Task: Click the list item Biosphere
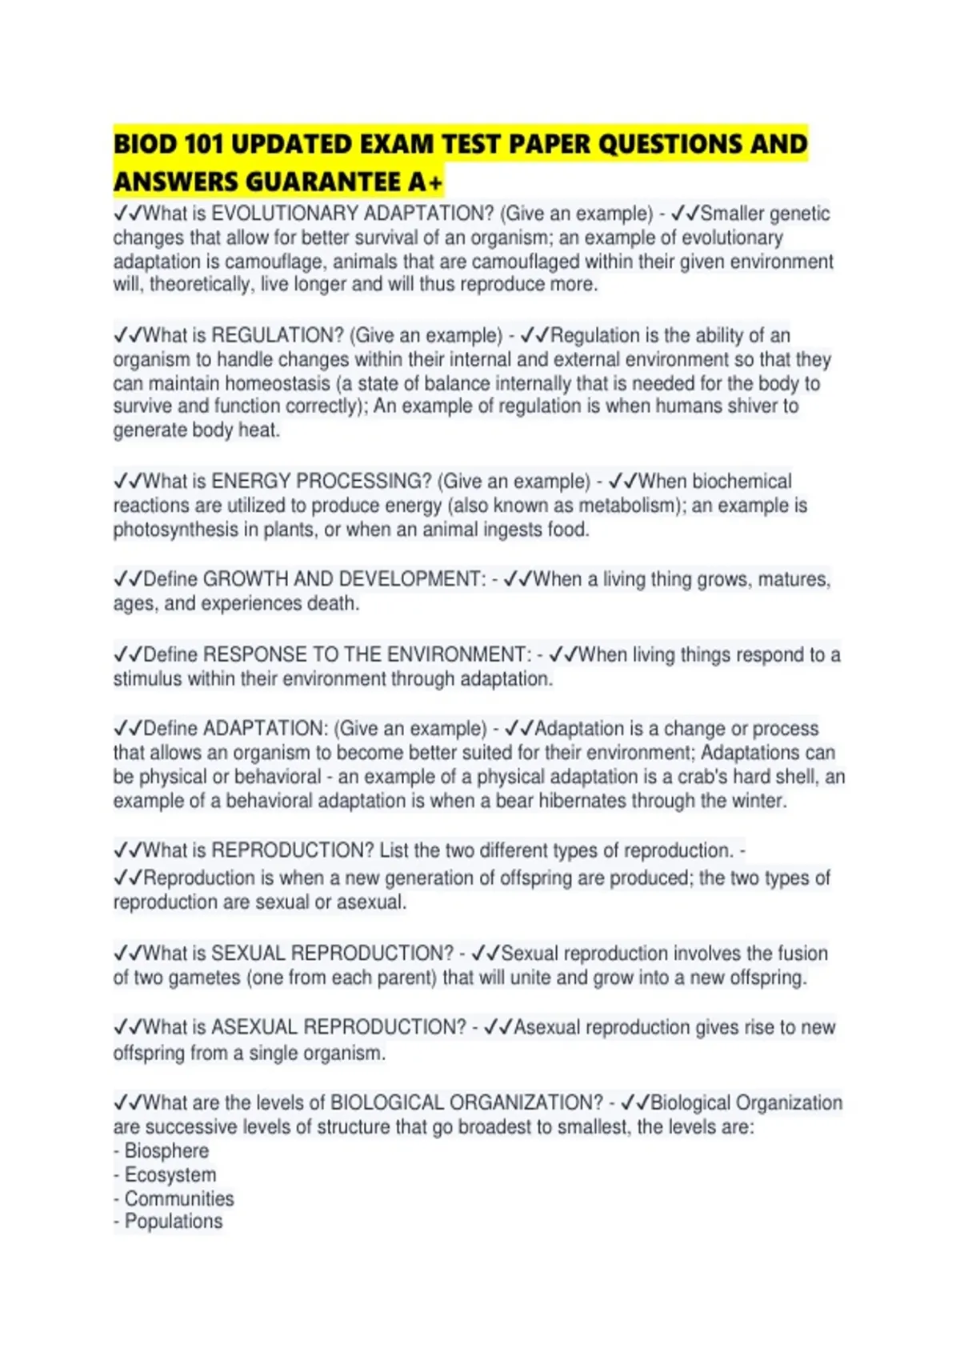coord(166,1151)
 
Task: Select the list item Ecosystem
coord(170,1175)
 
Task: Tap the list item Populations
coord(174,1222)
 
